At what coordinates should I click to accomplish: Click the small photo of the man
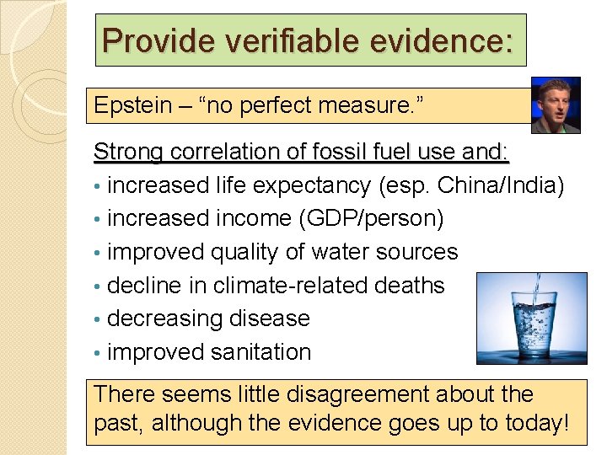click(556, 105)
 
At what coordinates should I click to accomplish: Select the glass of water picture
click(531, 318)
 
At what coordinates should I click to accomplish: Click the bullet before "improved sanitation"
click(99, 353)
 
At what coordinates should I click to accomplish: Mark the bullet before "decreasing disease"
click(99, 319)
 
